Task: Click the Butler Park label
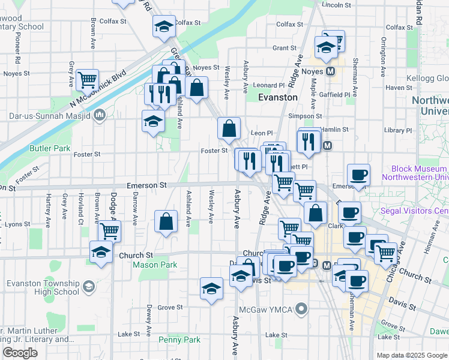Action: (x=49, y=148)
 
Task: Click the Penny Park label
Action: (x=179, y=340)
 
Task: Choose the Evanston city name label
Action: (x=278, y=97)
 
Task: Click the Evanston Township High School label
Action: (x=43, y=287)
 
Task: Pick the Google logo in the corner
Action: (x=20, y=353)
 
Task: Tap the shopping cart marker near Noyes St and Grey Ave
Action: (x=88, y=79)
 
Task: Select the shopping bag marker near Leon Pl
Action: (x=229, y=128)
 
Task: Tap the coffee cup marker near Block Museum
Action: (x=358, y=175)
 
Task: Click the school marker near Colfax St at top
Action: (x=163, y=26)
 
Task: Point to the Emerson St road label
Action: (x=146, y=186)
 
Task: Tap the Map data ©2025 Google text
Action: (x=412, y=355)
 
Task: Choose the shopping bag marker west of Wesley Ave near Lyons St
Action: (x=166, y=221)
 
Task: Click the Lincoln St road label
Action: (x=336, y=4)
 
